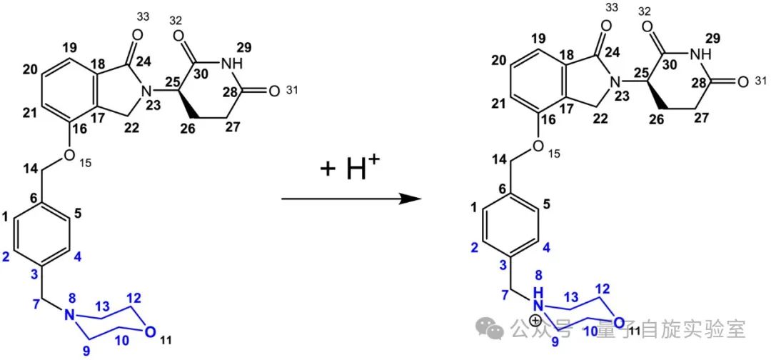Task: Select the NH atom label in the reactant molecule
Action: click(x=231, y=65)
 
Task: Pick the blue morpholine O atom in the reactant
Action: click(x=149, y=331)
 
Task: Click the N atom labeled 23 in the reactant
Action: click(x=145, y=90)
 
